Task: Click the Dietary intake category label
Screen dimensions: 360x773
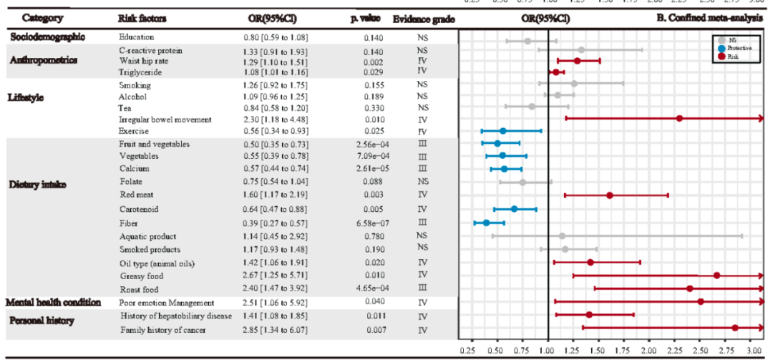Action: (37, 184)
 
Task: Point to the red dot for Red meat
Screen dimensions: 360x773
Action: (610, 195)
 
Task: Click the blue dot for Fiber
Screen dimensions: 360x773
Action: (487, 222)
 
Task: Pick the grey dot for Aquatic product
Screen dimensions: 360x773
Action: (562, 235)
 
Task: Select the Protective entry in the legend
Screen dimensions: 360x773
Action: (737, 48)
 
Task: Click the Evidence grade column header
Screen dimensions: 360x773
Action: (424, 17)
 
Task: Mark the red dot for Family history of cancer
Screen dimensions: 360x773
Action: (735, 328)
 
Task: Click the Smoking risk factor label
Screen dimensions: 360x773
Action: (135, 85)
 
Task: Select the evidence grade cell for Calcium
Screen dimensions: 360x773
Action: (422, 169)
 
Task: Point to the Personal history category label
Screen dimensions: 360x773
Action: (42, 320)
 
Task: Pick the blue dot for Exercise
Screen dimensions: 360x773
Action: (502, 131)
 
